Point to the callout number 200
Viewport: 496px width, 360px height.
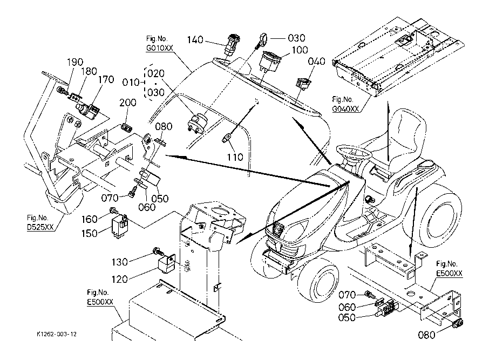[x=128, y=103]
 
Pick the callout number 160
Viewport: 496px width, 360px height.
[x=90, y=219]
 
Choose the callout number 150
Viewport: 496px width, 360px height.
[x=90, y=233]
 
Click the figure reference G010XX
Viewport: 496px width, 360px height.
[x=160, y=48]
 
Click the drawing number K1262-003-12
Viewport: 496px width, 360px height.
[x=53, y=335]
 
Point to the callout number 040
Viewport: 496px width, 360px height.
[x=317, y=61]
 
